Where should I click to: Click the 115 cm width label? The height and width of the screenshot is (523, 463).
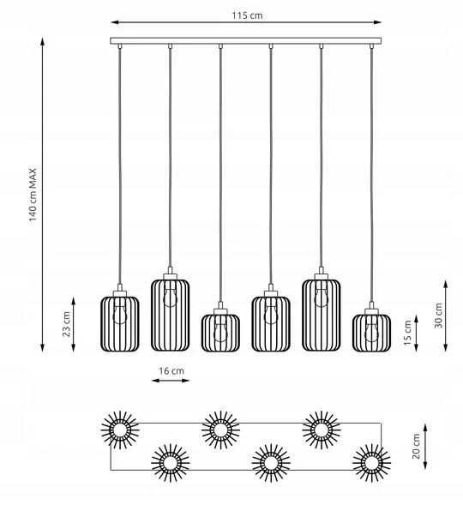coord(247,15)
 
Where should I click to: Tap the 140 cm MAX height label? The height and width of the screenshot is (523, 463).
coord(33,195)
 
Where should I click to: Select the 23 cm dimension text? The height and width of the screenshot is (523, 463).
coord(66,324)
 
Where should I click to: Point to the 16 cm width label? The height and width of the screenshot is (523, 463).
coord(171,371)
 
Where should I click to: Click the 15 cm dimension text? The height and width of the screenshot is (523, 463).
coord(407,333)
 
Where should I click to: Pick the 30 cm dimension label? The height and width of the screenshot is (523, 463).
coord(438,316)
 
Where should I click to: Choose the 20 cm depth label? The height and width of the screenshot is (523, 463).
coord(416,447)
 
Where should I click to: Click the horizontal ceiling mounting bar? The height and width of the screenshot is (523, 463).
coord(246,40)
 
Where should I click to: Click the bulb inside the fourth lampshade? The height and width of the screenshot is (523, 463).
coord(271,314)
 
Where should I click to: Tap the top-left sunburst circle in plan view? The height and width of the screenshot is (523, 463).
coord(120,430)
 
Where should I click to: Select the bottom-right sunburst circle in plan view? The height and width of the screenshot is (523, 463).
coord(371,463)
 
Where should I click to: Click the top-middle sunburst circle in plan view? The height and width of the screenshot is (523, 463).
coord(220,430)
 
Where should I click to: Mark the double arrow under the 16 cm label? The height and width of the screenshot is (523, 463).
coord(171,380)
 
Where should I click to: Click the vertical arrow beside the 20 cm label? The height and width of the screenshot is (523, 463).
coord(425,447)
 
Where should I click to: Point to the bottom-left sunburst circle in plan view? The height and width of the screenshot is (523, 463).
coord(170,463)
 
